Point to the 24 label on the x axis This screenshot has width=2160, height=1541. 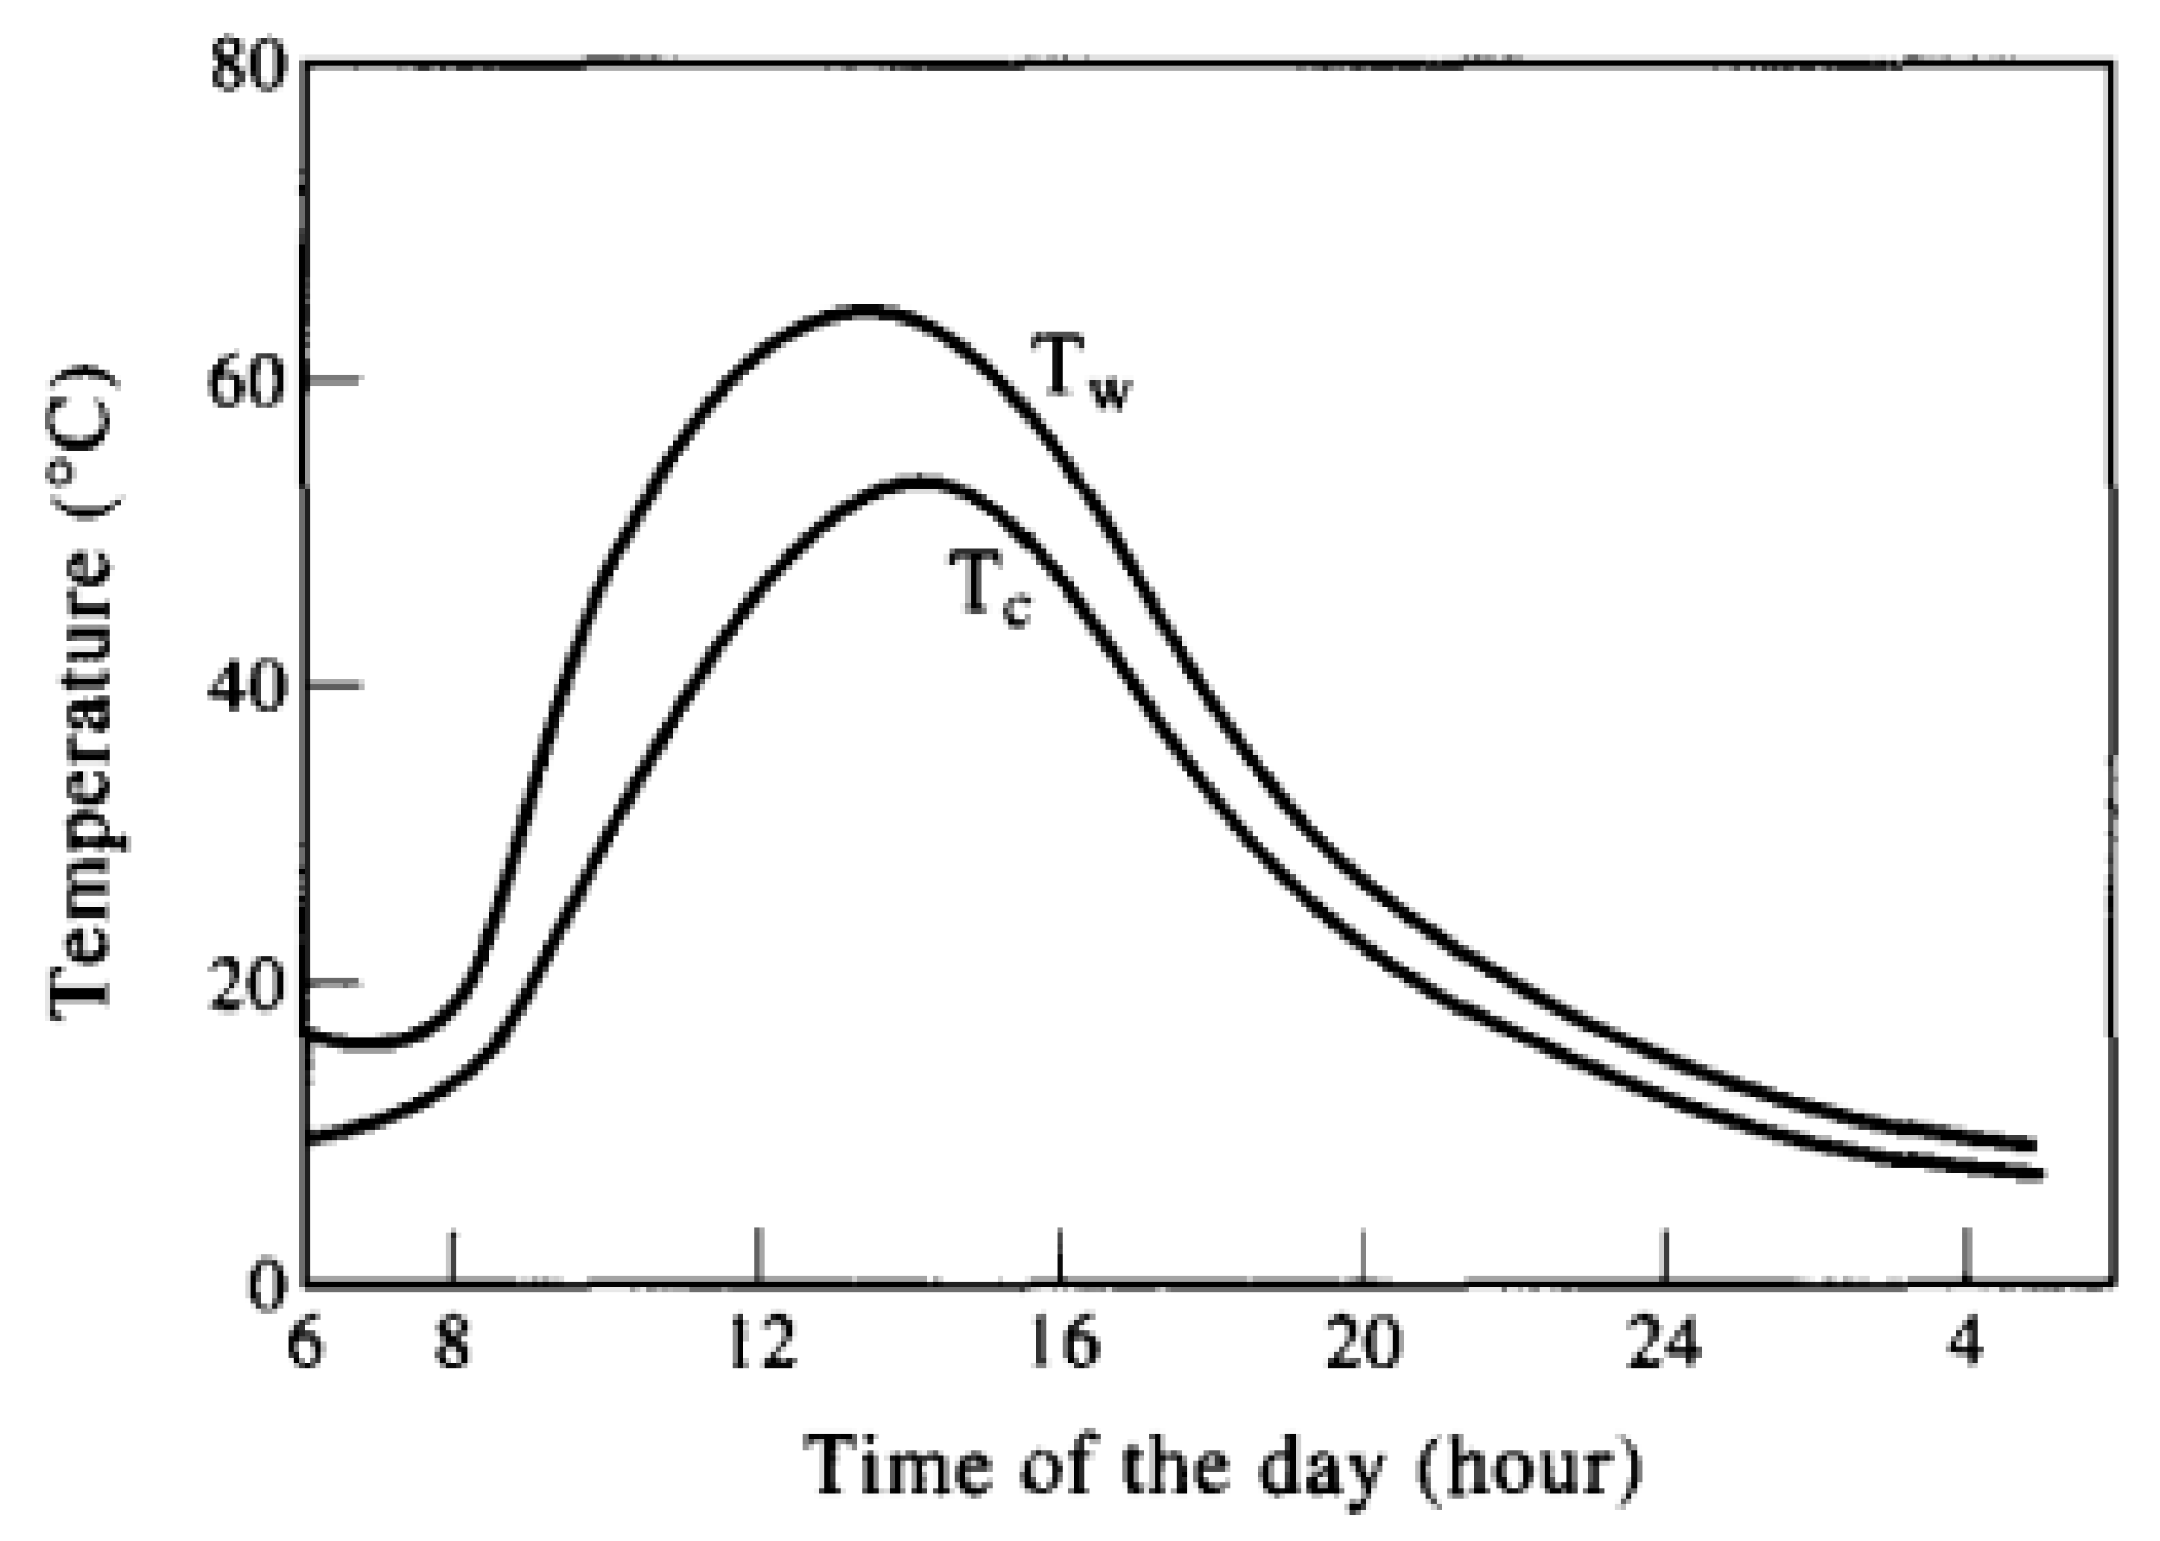click(x=1664, y=1345)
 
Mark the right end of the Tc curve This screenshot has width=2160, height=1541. click(x=2038, y=1175)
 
